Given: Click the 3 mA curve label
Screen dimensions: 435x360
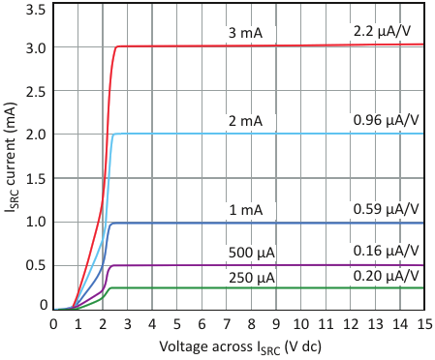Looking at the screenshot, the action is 245,33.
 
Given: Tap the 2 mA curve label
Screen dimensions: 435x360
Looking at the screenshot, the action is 245,121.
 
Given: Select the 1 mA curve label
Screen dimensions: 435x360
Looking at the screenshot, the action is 246,210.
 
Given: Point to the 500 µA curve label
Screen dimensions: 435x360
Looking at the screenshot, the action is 252,253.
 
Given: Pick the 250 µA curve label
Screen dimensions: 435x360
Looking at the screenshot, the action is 252,278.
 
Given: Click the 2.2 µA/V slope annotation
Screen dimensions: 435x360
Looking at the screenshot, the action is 382,32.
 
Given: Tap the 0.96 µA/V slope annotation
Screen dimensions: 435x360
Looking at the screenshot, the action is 386,120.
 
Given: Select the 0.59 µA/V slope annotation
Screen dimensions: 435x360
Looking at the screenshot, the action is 386,209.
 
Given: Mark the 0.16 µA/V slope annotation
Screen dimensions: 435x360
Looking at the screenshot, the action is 386,251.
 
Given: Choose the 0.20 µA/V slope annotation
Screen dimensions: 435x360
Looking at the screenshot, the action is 386,276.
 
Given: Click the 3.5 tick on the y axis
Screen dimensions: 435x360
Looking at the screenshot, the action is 36,11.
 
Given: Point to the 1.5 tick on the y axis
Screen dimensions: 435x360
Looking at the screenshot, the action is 36,179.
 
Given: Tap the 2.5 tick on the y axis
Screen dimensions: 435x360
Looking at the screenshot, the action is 36,92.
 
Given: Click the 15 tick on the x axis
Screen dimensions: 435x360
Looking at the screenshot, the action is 424,323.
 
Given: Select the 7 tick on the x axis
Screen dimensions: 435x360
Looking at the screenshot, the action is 227,323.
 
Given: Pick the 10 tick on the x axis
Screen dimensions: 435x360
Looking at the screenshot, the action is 301,323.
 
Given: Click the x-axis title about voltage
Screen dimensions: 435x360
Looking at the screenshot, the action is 240,347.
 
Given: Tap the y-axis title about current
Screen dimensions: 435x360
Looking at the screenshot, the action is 13,158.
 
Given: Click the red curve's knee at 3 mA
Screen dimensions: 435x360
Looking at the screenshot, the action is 117,46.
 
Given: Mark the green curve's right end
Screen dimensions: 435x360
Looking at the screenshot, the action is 423,288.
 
